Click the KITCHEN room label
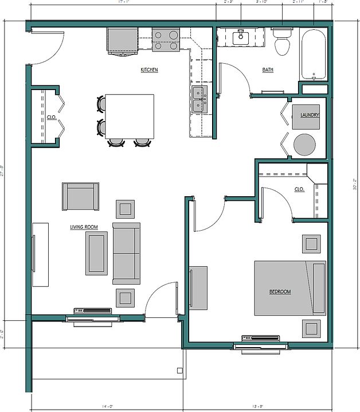pyautogui.click(x=149, y=70)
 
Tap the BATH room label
pyautogui.click(x=268, y=70)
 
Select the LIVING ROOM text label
pyautogui.click(x=84, y=227)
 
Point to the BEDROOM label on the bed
pyautogui.click(x=280, y=291)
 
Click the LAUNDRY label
pyautogui.click(x=310, y=115)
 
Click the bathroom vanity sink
pyautogui.click(x=241, y=38)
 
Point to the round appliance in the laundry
pyautogui.click(x=304, y=145)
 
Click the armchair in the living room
pyautogui.click(x=80, y=197)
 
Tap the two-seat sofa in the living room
pyautogui.click(x=126, y=253)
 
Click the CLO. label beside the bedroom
pyautogui.click(x=299, y=189)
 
